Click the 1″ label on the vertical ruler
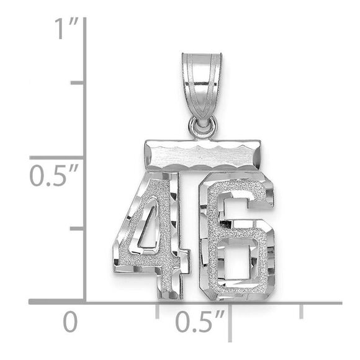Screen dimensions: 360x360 pyautogui.click(x=65, y=29)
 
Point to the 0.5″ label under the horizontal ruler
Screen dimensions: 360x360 pyautogui.click(x=199, y=323)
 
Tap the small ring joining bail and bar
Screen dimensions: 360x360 pyautogui.click(x=203, y=128)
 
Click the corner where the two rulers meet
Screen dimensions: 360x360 pyautogui.click(x=84, y=302)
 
